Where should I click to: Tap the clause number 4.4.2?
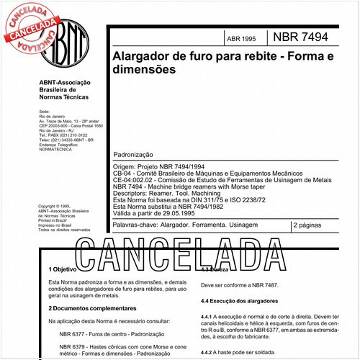209,351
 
